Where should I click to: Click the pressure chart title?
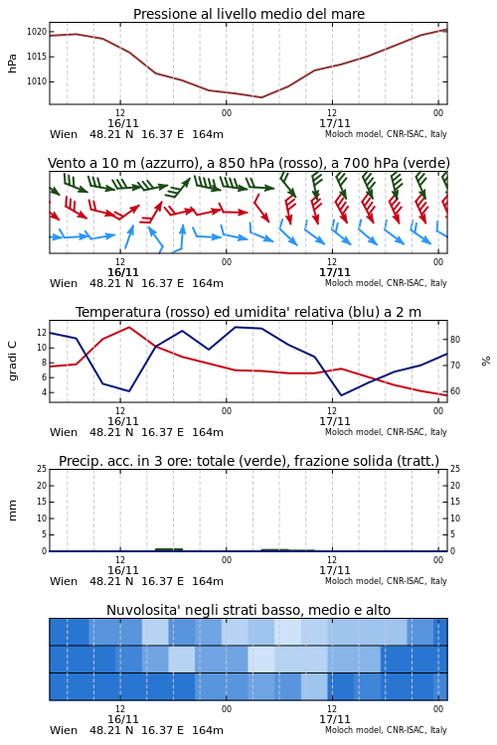[248, 14]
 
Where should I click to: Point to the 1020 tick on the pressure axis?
[37, 32]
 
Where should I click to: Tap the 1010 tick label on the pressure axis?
[37, 81]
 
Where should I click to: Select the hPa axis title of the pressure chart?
[12, 64]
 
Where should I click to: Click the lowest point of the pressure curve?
[261, 97]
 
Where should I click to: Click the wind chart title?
[248, 163]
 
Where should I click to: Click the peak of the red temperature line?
[129, 327]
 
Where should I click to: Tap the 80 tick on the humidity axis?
[455, 340]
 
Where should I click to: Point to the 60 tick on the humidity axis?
[455, 391]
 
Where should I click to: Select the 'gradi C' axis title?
[12, 362]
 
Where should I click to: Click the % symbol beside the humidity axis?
[486, 362]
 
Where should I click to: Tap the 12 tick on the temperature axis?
[42, 333]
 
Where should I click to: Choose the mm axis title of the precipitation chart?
[12, 511]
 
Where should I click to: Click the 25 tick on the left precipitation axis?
[42, 469]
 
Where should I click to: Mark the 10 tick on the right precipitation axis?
[455, 519]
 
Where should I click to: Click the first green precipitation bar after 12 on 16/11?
[169, 549]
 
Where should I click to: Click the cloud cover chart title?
[248, 610]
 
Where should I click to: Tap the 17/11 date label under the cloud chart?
[335, 719]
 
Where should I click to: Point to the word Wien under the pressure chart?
[64, 134]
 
